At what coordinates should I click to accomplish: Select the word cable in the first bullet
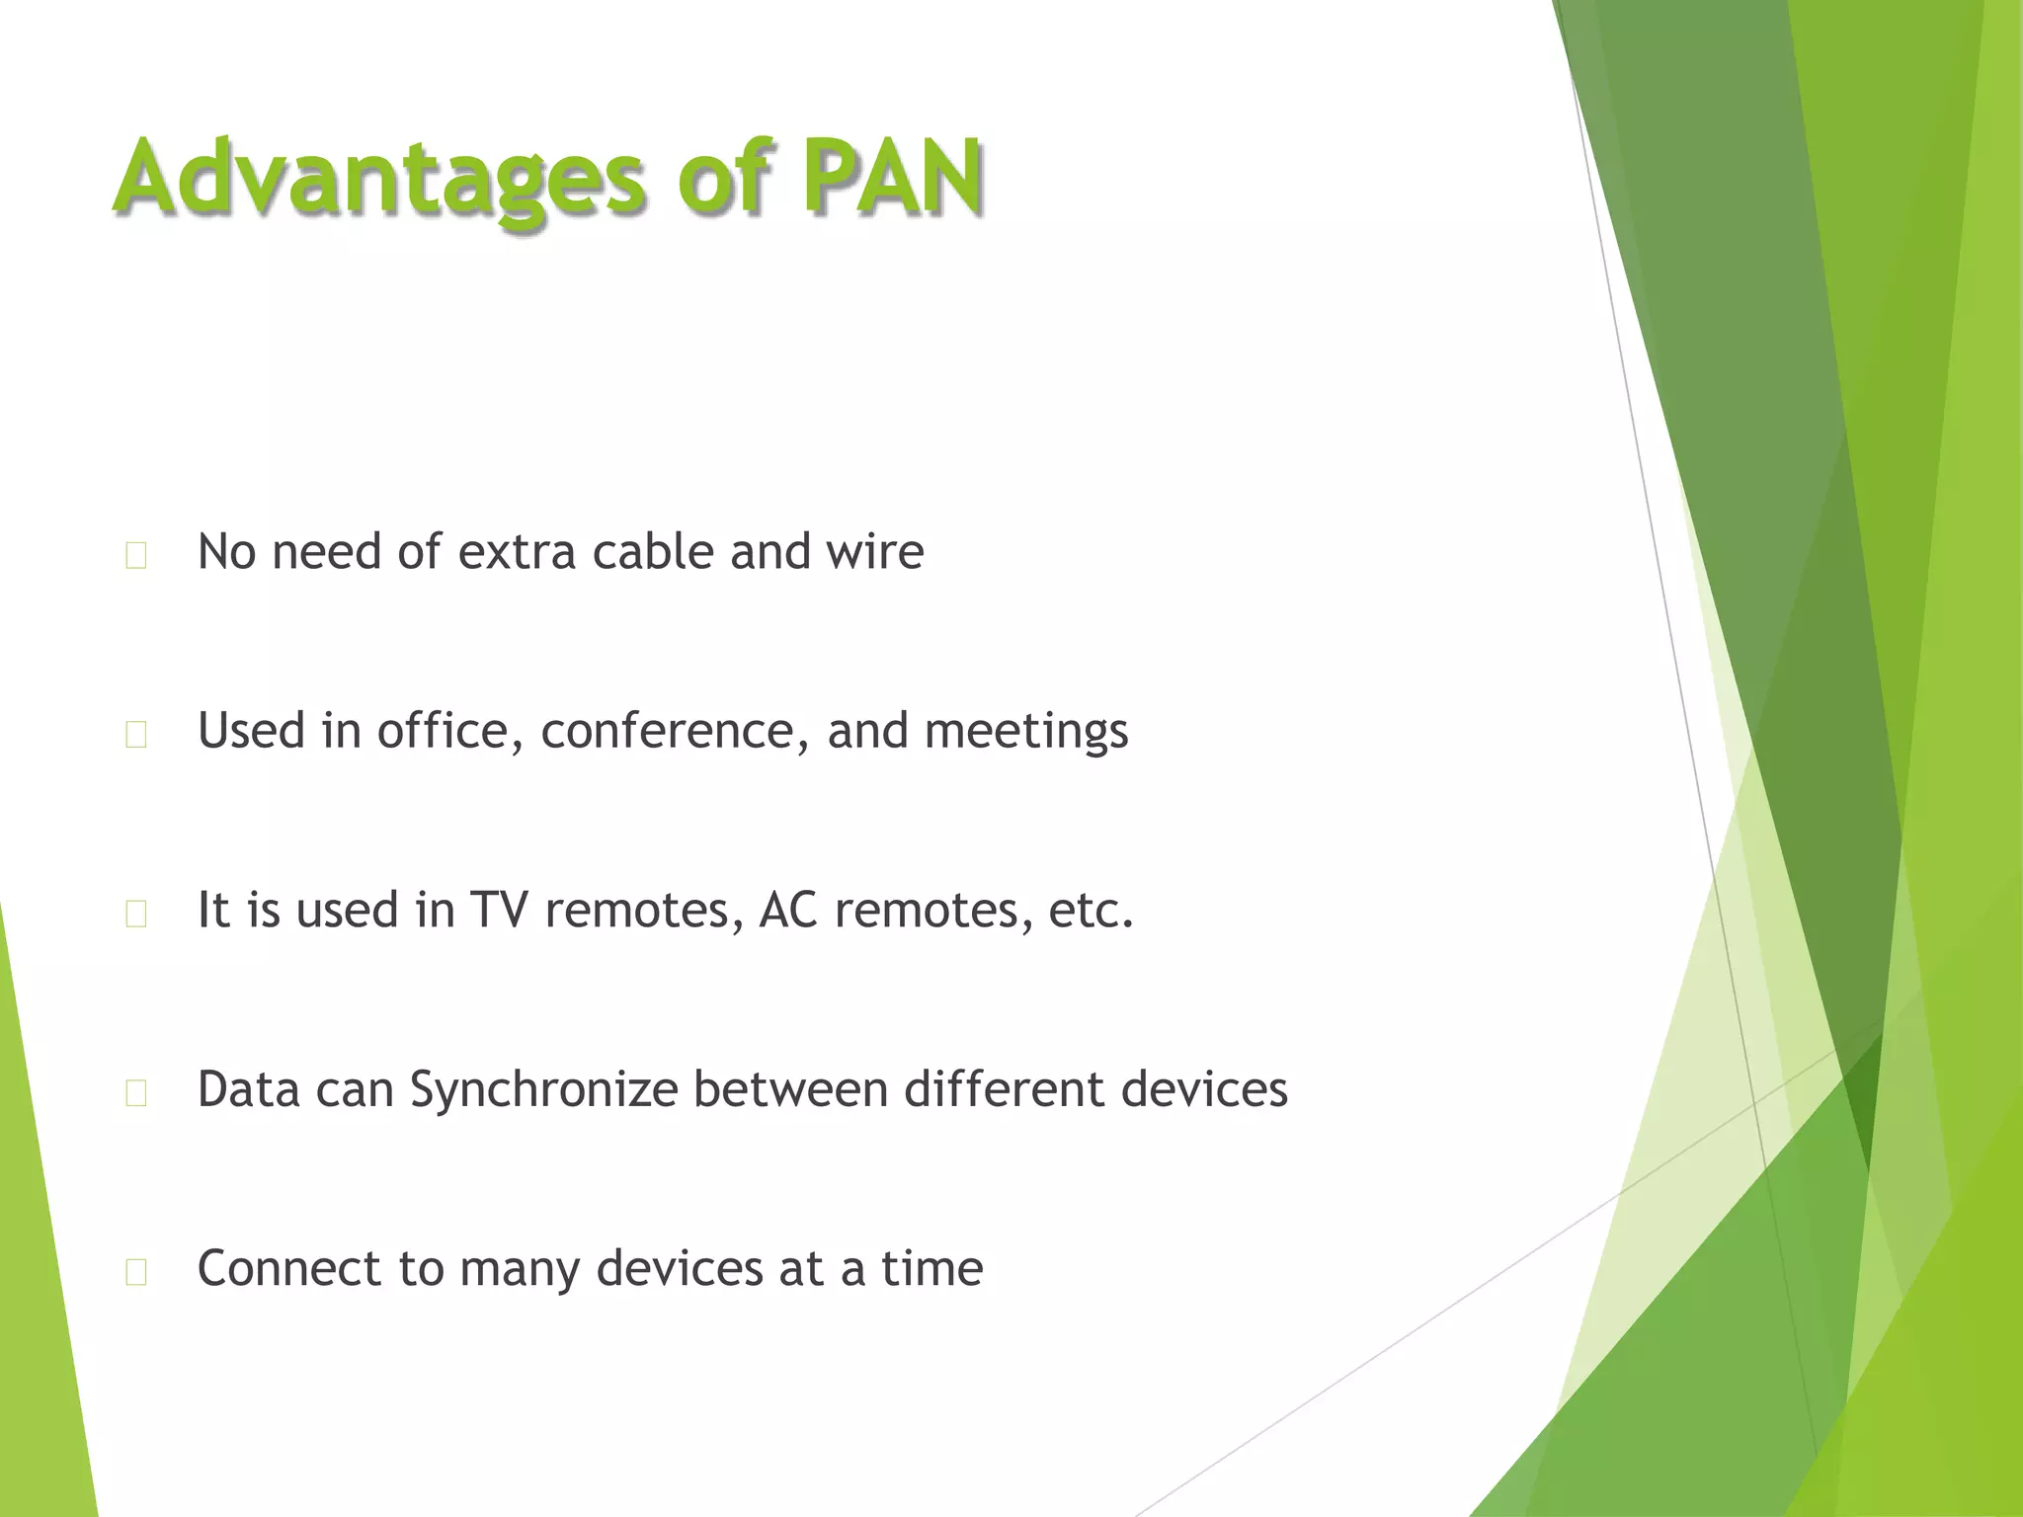[652, 551]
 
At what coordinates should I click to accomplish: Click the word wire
[874, 551]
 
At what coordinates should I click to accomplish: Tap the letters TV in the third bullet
[499, 910]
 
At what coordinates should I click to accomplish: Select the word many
[520, 1270]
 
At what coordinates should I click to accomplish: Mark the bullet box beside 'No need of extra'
[136, 556]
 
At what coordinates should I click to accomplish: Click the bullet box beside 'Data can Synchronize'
[136, 1093]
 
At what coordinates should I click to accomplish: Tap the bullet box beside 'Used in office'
[136, 735]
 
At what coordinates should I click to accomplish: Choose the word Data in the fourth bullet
[247, 1089]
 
